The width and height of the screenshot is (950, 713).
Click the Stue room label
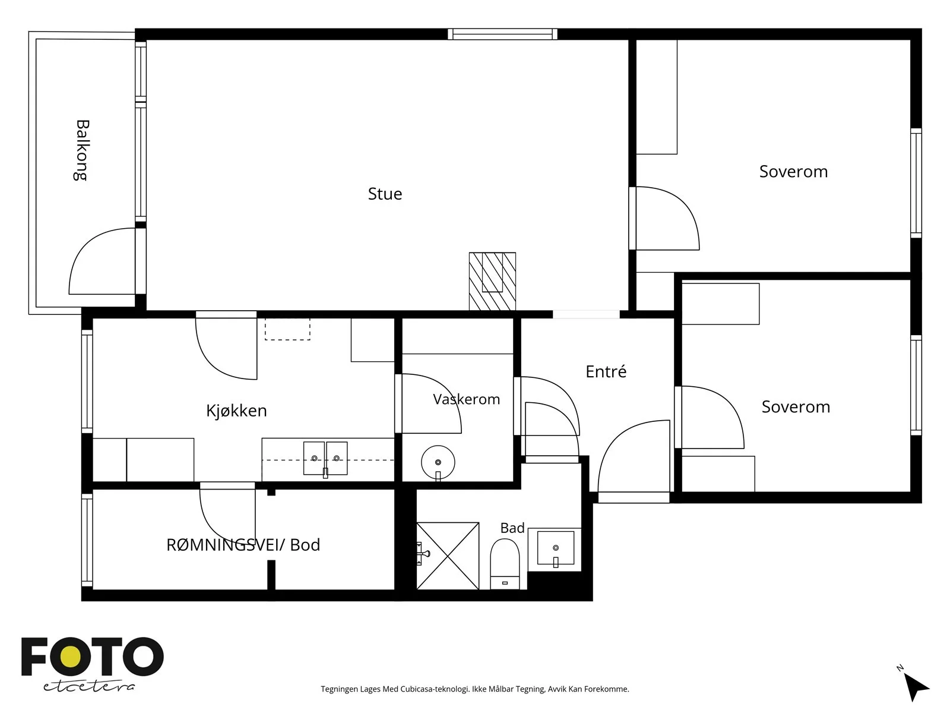[x=385, y=194]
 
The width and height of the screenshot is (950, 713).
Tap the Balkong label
[x=82, y=150]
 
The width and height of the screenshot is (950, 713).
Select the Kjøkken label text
[x=236, y=411]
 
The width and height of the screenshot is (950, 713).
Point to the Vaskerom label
[x=467, y=399]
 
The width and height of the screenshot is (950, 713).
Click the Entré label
[x=606, y=371]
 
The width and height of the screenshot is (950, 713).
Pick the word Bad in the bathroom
[x=512, y=528]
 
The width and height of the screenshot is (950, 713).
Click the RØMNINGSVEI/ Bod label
[x=243, y=545]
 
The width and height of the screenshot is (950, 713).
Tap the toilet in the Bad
[x=505, y=564]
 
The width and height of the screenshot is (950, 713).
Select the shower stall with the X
[x=448, y=556]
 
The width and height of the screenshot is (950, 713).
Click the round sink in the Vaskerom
[x=438, y=462]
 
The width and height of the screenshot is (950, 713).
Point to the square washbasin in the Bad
[x=556, y=548]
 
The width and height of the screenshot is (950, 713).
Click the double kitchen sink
[x=325, y=458]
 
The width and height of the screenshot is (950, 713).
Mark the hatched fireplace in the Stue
[x=493, y=282]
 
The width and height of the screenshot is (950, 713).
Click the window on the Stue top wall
[x=502, y=34]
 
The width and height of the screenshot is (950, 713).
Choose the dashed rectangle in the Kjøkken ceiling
[x=287, y=329]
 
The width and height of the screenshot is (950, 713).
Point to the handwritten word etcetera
[x=88, y=686]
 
